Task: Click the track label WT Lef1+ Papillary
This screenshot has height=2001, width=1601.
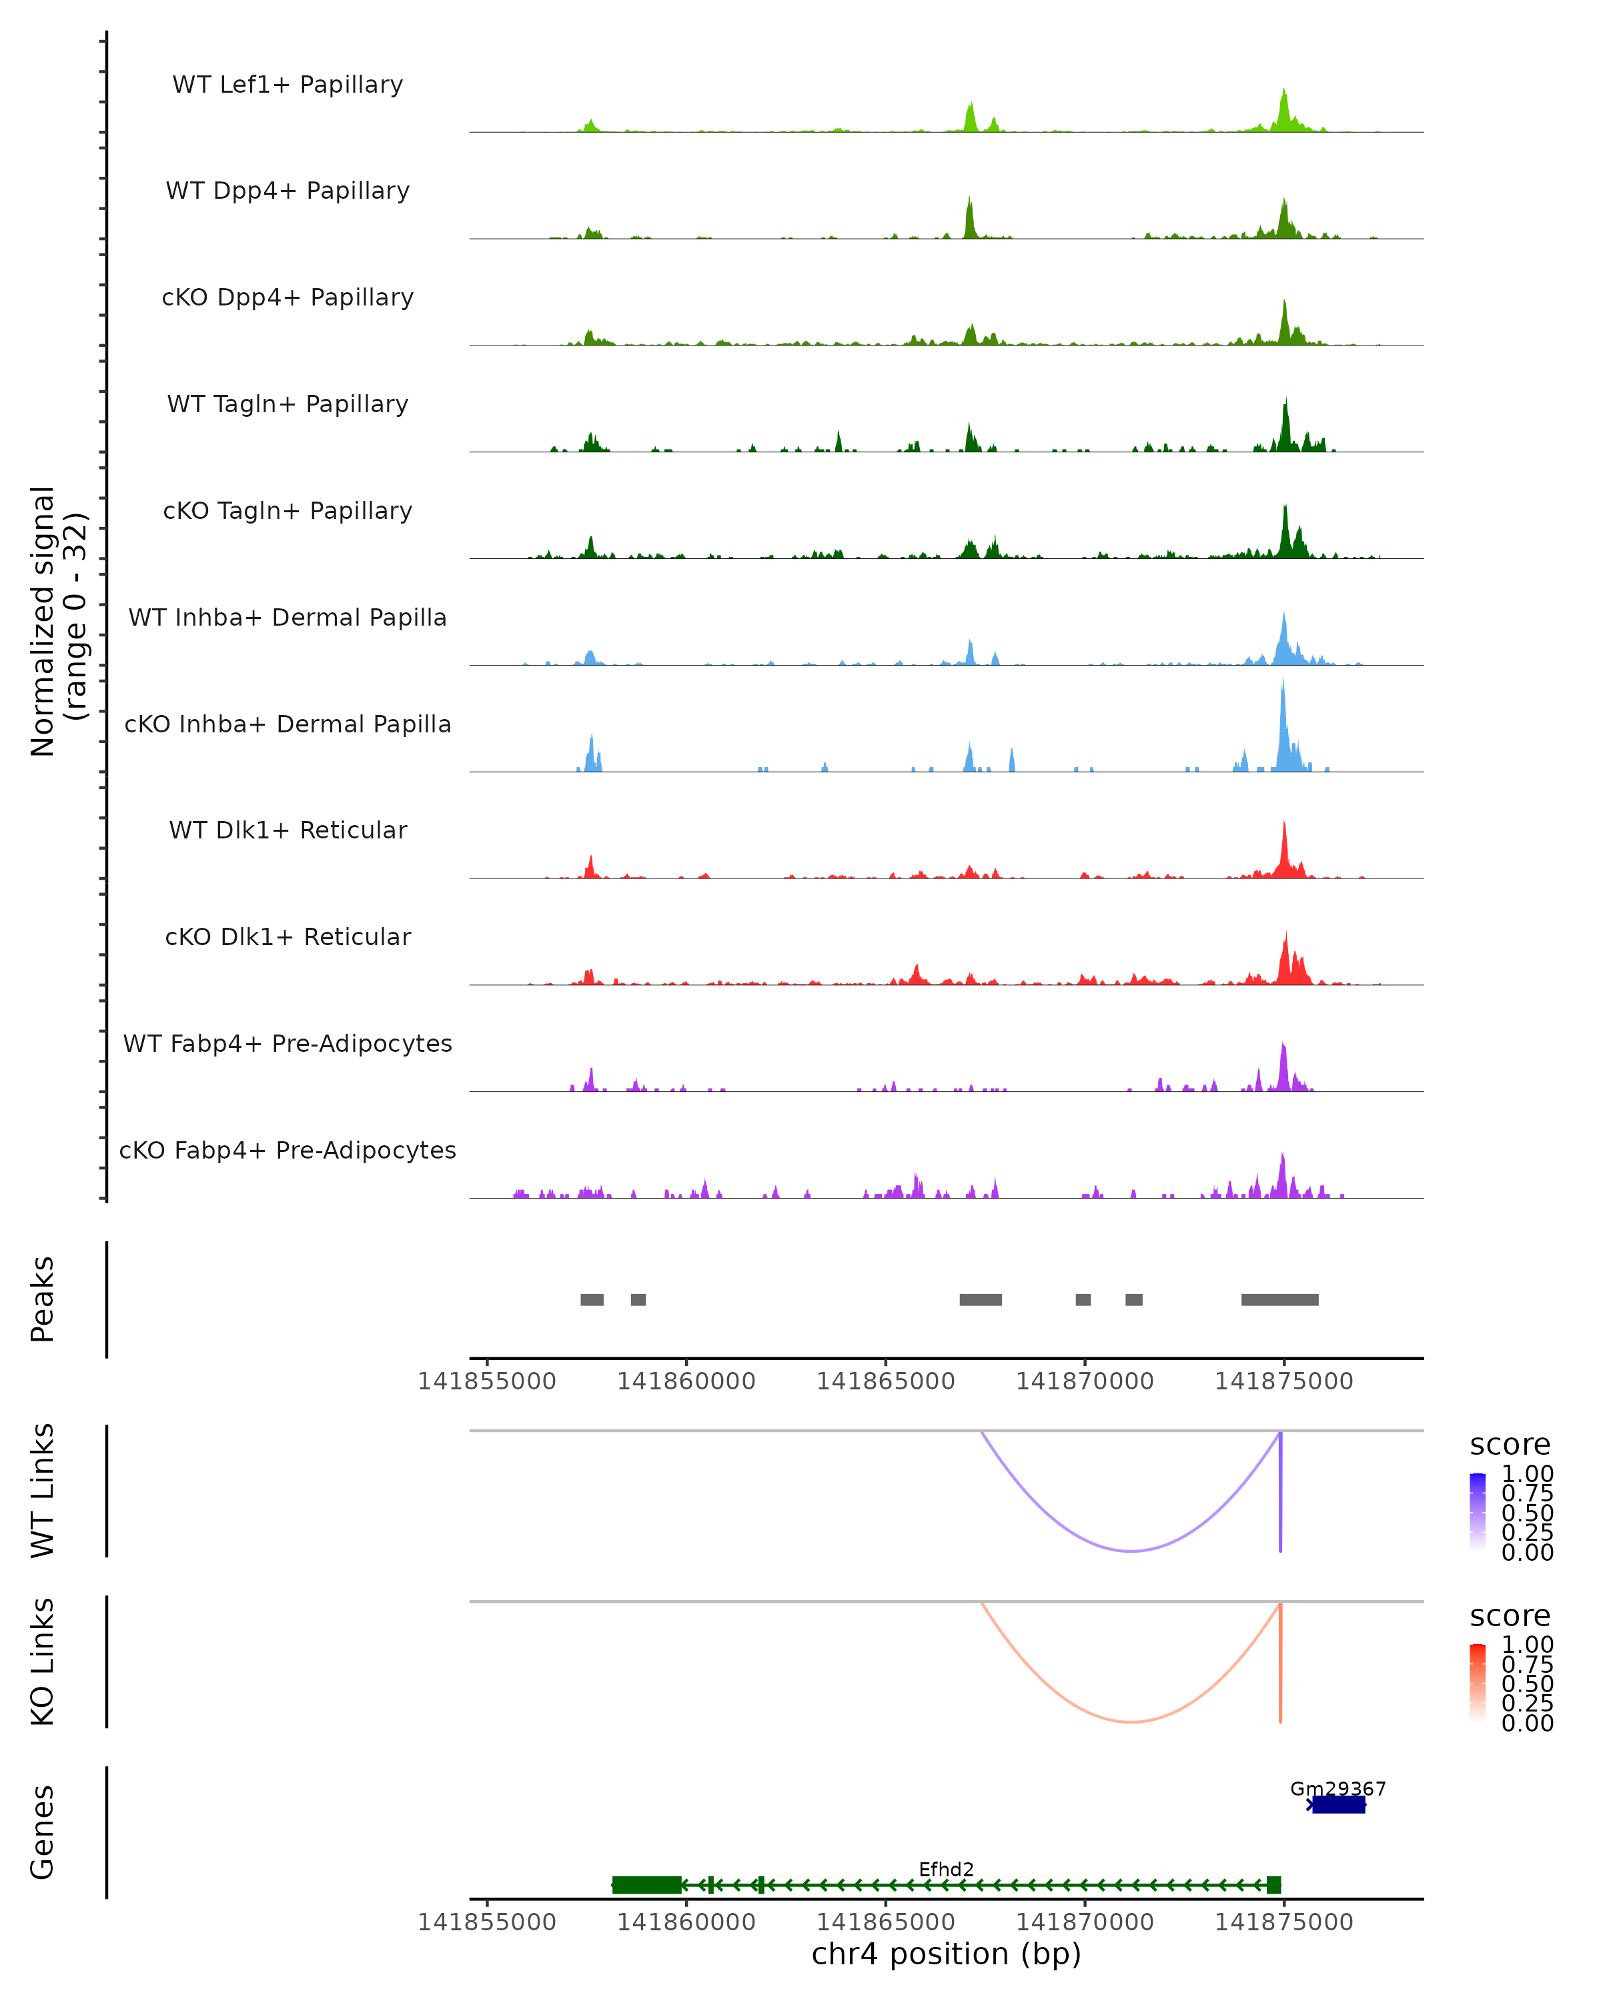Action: [288, 85]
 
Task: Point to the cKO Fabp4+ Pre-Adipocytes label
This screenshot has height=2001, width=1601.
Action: [288, 1150]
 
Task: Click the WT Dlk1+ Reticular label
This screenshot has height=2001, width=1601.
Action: [288, 830]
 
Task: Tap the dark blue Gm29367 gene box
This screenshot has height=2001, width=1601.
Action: [1338, 1804]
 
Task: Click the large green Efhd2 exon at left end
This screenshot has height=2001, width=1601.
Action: [647, 1885]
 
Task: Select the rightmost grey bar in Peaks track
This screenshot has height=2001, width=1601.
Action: [1280, 1299]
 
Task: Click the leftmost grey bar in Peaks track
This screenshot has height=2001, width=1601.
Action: [592, 1299]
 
